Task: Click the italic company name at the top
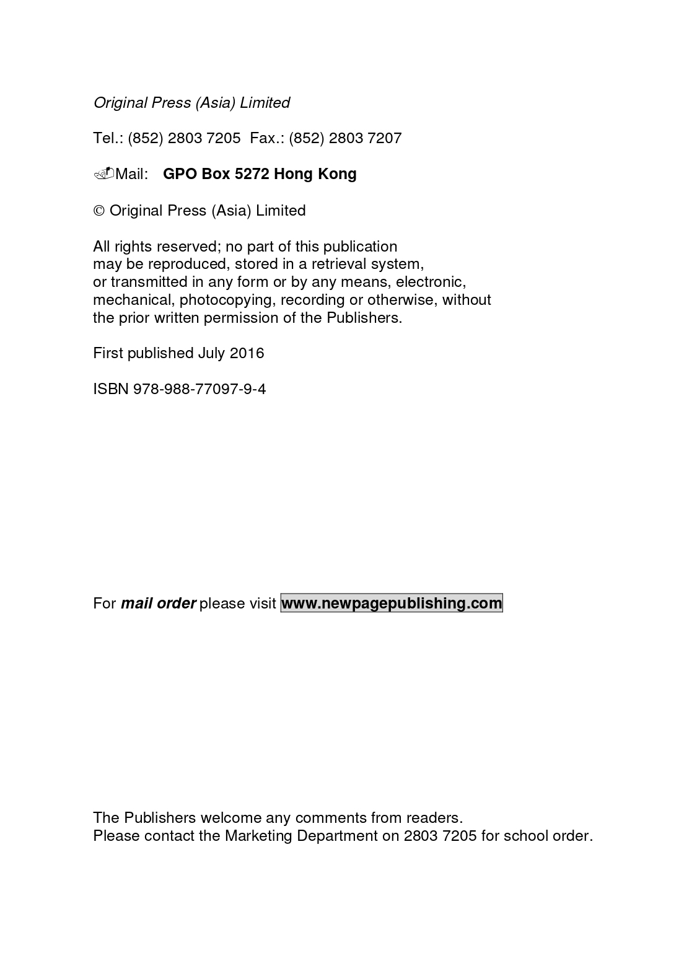(191, 103)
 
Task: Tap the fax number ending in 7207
(345, 138)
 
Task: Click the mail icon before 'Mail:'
(103, 173)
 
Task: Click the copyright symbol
(99, 211)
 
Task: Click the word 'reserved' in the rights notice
(188, 247)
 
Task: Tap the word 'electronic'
(430, 283)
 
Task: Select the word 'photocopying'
(226, 301)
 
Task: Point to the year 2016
(247, 353)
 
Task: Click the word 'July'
(211, 354)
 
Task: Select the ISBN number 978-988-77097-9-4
(199, 389)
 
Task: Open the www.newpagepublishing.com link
(392, 604)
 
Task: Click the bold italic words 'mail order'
(158, 604)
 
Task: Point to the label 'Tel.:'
(108, 138)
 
